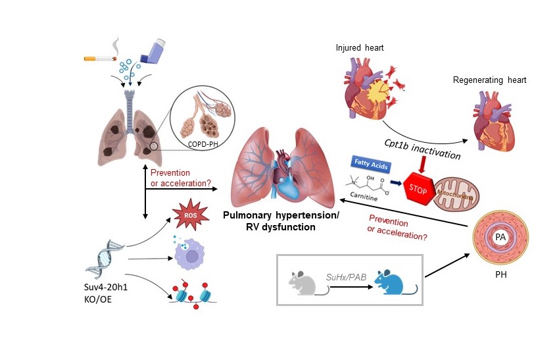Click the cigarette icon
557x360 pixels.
(x=100, y=59)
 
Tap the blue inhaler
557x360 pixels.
(x=153, y=52)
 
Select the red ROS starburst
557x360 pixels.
(x=191, y=215)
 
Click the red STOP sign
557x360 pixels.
(x=419, y=189)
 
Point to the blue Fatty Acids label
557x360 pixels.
(x=371, y=164)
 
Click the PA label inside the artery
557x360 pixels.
(x=500, y=237)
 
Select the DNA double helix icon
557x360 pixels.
(x=105, y=259)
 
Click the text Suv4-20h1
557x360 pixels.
(x=105, y=287)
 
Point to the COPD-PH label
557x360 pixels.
(x=203, y=144)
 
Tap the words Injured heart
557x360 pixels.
(x=360, y=47)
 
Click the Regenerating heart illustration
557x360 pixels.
(x=494, y=120)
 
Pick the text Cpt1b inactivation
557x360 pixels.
(x=422, y=149)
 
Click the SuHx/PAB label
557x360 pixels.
(x=346, y=277)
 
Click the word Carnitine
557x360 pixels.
(x=364, y=197)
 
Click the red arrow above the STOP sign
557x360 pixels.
(x=422, y=165)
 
